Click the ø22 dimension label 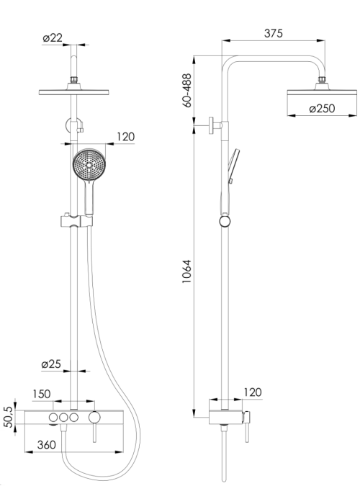click(x=53, y=38)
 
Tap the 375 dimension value click(x=274, y=33)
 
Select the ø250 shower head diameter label click(x=322, y=108)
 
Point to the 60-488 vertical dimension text click(x=186, y=90)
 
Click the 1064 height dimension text click(x=186, y=271)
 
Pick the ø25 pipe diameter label click(x=51, y=364)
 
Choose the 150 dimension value click(x=42, y=394)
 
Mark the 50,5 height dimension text click(x=8, y=417)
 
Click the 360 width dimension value click(x=47, y=445)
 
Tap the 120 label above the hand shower click(x=125, y=137)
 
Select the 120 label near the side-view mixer click(x=253, y=392)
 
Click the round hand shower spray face click(x=89, y=165)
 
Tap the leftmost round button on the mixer click(x=53, y=418)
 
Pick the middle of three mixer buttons click(x=63, y=418)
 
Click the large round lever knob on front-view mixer click(x=94, y=417)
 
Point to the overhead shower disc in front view click(x=74, y=92)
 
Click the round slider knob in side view click(x=225, y=222)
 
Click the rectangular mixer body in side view click(x=225, y=417)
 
